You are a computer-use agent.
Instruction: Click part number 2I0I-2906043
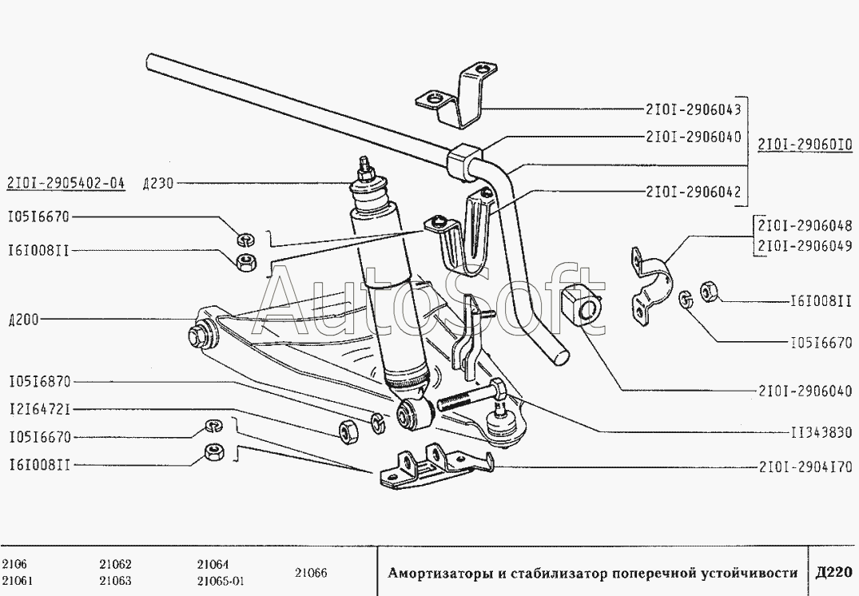(693, 109)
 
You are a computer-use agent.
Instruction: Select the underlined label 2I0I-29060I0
(805, 145)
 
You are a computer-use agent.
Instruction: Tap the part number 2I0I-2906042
(693, 192)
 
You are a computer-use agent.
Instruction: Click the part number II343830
(821, 433)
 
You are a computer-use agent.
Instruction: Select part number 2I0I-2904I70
(805, 467)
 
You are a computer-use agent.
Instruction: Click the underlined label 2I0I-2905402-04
(66, 183)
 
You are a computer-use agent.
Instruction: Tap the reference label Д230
(157, 184)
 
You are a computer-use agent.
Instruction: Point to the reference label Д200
(23, 320)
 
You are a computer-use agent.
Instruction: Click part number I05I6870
(40, 381)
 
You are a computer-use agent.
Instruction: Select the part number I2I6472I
(40, 409)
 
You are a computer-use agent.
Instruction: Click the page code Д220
(833, 573)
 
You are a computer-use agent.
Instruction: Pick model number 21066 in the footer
(311, 573)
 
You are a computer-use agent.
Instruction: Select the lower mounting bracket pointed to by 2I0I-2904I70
(435, 467)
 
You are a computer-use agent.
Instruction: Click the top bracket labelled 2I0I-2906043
(457, 96)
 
